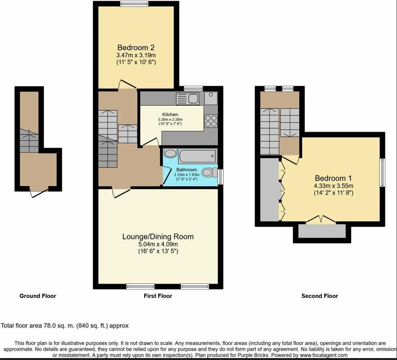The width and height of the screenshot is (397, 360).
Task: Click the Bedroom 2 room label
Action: pyautogui.click(x=136, y=47)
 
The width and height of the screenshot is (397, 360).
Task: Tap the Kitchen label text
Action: pyautogui.click(x=170, y=115)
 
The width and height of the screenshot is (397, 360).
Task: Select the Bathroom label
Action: pyautogui.click(x=187, y=170)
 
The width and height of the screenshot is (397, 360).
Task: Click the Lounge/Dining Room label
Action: pyautogui.click(x=158, y=237)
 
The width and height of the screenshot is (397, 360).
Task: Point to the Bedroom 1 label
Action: pyautogui.click(x=333, y=178)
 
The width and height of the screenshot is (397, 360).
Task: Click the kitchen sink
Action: pyautogui.click(x=188, y=99)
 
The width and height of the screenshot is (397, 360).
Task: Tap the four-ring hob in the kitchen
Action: pyautogui.click(x=211, y=121)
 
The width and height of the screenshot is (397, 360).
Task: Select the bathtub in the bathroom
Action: pyautogui.click(x=198, y=156)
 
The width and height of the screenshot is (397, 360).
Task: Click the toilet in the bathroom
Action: pyautogui.click(x=210, y=172)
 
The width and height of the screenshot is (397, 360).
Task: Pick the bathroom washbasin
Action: pyautogui.click(x=170, y=153)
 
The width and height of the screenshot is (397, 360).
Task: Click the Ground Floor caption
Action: pyautogui.click(x=38, y=296)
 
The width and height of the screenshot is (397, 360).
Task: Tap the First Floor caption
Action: pyautogui.click(x=158, y=296)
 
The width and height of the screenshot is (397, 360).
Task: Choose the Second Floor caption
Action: pyautogui.click(x=320, y=296)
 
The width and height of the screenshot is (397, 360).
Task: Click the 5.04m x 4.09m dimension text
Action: pyautogui.click(x=158, y=244)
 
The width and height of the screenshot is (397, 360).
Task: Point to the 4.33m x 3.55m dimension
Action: pyautogui.click(x=333, y=186)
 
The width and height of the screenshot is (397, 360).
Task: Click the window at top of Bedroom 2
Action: pyautogui.click(x=134, y=3)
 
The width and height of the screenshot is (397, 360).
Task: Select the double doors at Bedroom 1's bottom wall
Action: pyautogui.click(x=321, y=219)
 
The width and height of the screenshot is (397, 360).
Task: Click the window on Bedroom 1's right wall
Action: pyautogui.click(x=382, y=173)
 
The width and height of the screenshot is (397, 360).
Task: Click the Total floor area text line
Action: pyautogui.click(x=65, y=325)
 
